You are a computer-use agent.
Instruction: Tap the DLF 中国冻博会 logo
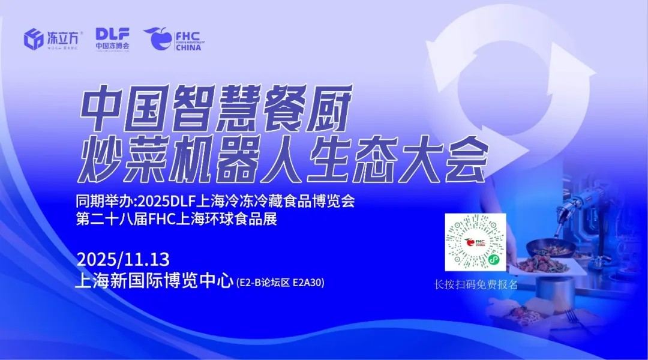click(x=112, y=38)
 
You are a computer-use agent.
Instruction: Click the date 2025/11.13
click(x=123, y=260)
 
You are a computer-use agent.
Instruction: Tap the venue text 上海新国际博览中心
click(x=153, y=281)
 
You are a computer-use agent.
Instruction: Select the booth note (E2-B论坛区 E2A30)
click(x=280, y=282)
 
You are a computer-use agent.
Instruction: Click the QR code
click(x=475, y=242)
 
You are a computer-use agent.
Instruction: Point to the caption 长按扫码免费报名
click(x=476, y=284)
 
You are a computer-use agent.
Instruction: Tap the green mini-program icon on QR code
click(x=494, y=260)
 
